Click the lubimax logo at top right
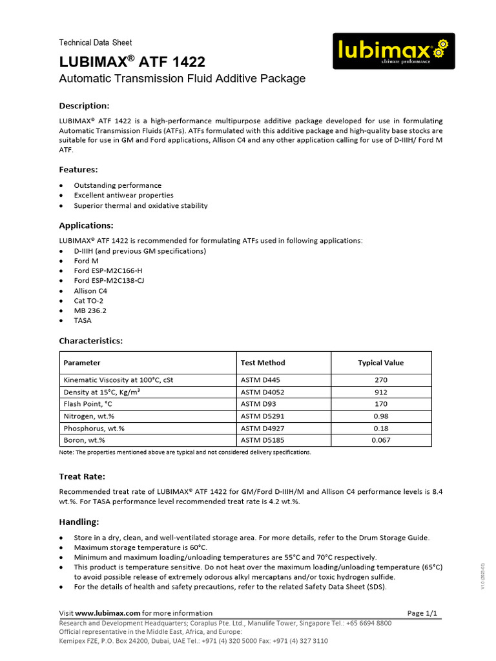click(393, 51)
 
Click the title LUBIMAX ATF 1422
click(132, 63)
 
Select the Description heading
click(85, 106)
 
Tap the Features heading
click(79, 170)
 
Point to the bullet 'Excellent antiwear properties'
click(123, 195)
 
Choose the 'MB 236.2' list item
click(90, 310)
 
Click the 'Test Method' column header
click(262, 363)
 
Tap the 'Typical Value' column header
click(380, 363)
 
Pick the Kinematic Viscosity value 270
click(380, 380)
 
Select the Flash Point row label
click(89, 404)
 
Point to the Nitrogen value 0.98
click(380, 416)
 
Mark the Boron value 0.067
click(380, 440)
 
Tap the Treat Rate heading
click(82, 476)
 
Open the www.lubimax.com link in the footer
click(108, 613)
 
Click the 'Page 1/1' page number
click(423, 613)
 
